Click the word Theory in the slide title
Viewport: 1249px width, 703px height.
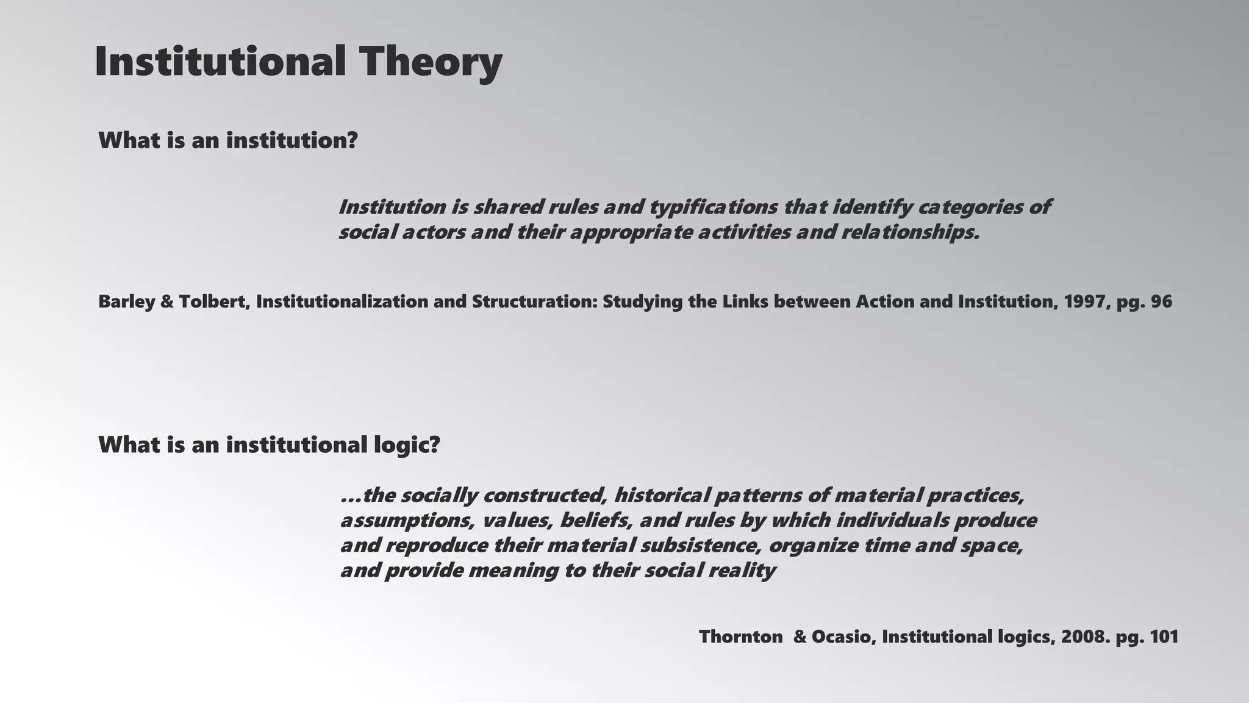pyautogui.click(x=430, y=62)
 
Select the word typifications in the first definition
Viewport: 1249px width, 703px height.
pyautogui.click(x=712, y=207)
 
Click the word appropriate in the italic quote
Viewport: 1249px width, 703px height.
pyautogui.click(x=632, y=233)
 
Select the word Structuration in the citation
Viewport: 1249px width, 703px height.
pyautogui.click(x=534, y=301)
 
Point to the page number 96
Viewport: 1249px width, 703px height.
pyautogui.click(x=1161, y=301)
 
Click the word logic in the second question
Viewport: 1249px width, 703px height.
pyautogui.click(x=406, y=445)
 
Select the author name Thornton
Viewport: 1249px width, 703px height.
pyautogui.click(x=740, y=637)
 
